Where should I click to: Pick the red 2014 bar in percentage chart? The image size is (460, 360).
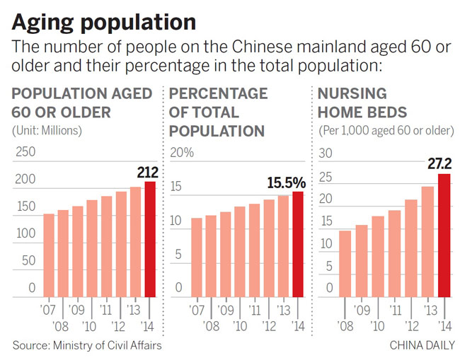297,244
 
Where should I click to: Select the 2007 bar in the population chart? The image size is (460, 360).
49,255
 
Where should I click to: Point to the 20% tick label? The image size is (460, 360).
182,152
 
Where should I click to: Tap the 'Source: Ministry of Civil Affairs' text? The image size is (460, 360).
84,345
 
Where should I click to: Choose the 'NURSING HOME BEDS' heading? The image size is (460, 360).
358,103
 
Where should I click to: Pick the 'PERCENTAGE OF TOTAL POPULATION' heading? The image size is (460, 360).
219,112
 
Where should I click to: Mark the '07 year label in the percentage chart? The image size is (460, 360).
197,309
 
